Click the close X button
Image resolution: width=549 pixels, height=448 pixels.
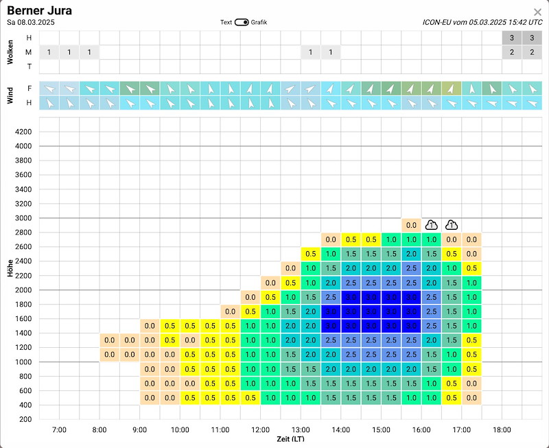pyautogui.click(x=537, y=12)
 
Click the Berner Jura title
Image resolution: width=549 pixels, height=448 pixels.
pyautogui.click(x=39, y=10)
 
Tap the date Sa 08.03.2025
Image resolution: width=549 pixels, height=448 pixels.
pyautogui.click(x=31, y=23)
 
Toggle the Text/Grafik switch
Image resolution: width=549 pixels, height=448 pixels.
pyautogui.click(x=242, y=23)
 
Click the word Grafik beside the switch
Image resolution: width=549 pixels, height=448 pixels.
pyautogui.click(x=259, y=23)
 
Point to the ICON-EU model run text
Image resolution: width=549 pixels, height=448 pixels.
pyautogui.click(x=482, y=22)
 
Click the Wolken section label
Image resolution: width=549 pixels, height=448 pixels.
pyautogui.click(x=10, y=52)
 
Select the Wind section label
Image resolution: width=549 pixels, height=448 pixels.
pyautogui.click(x=10, y=95)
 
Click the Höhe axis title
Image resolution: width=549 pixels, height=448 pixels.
pyautogui.click(x=10, y=268)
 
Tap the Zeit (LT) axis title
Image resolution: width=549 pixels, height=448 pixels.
pyautogui.click(x=290, y=439)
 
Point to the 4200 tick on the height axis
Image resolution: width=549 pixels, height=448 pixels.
pyautogui.click(x=23, y=132)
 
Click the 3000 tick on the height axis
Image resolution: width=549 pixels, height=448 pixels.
pyautogui.click(x=23, y=218)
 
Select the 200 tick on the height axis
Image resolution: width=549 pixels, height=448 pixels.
pyautogui.click(x=25, y=419)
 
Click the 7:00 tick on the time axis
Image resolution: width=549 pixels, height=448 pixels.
pyautogui.click(x=59, y=429)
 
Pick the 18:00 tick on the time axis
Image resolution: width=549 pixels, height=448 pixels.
pyautogui.click(x=502, y=429)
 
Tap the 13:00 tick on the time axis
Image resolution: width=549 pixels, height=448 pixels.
pyautogui.click(x=301, y=429)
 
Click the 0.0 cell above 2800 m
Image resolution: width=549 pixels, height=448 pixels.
pyautogui.click(x=411, y=226)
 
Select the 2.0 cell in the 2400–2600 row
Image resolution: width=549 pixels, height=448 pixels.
pyautogui.click(x=411, y=254)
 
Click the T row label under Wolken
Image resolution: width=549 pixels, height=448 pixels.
pyautogui.click(x=29, y=67)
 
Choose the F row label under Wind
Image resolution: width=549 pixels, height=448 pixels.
pyautogui.click(x=30, y=89)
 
